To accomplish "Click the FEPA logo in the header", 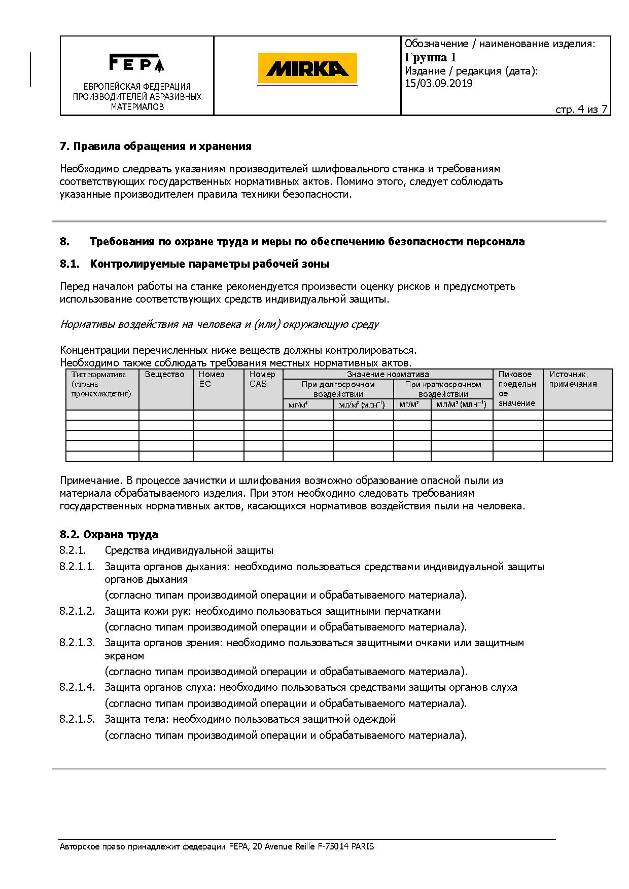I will point(136,63).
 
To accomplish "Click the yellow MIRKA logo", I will point(307,68).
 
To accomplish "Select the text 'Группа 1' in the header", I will point(430,57).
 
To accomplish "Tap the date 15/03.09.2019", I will point(438,84).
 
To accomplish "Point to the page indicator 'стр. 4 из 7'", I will point(581,109).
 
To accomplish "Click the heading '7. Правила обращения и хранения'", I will point(155,146).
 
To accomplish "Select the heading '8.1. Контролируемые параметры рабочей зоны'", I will point(194,264).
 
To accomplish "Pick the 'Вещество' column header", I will point(164,375).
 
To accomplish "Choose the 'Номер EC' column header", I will point(212,379).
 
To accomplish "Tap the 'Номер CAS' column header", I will point(262,379).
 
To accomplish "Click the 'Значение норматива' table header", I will point(388,375).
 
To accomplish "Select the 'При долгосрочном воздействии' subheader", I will point(338,389).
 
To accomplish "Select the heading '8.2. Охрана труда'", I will point(109,535).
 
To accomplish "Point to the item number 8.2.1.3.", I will point(77,643).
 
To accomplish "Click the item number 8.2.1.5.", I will point(77,719).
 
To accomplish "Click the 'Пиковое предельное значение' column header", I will point(517,389).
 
